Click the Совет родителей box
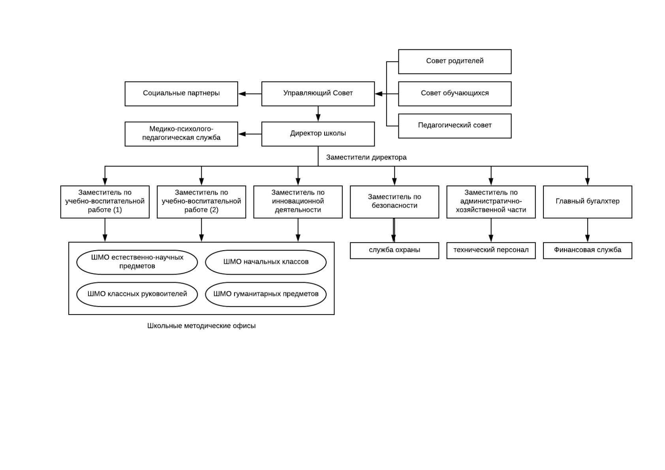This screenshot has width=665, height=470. [455, 62]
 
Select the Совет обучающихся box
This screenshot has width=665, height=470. [455, 94]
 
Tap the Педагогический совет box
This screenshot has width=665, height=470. [455, 126]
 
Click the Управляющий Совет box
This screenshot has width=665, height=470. [318, 94]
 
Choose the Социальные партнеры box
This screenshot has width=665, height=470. [181, 94]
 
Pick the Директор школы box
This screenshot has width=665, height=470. [318, 134]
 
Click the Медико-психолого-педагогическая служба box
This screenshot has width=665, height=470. [181, 134]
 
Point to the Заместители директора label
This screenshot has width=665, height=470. [366, 157]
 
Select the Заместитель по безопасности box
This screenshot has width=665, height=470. [394, 202]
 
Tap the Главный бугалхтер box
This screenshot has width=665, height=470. [588, 202]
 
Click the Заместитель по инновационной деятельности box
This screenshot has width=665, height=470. [298, 202]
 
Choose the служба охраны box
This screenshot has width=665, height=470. [394, 251]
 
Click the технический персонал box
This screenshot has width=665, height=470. [491, 251]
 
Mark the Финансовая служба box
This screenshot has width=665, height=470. [588, 251]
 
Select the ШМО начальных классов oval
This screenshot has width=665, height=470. [266, 262]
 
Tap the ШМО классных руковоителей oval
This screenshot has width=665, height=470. [137, 294]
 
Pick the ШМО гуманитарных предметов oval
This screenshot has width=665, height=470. [266, 294]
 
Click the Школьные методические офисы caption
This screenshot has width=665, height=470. [201, 326]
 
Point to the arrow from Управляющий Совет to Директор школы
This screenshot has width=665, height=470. [318, 114]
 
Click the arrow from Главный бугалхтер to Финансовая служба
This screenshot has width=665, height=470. [588, 230]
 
